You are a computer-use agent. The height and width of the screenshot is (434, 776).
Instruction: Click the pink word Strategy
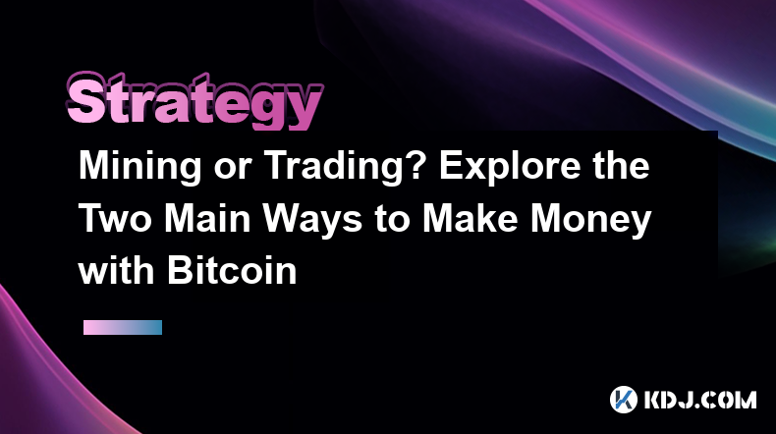click(x=194, y=100)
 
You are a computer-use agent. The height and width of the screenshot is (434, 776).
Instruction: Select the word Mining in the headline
click(x=140, y=167)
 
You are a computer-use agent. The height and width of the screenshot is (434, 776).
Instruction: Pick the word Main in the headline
click(x=207, y=218)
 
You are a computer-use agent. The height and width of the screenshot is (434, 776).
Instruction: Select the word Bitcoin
click(x=232, y=271)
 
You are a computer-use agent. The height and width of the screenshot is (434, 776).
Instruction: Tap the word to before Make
click(x=392, y=220)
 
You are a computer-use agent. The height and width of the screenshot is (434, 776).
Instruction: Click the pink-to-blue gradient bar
click(x=123, y=327)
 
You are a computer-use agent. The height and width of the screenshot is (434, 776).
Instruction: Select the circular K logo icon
click(x=623, y=400)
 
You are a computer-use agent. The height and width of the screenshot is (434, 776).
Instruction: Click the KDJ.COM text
click(x=700, y=400)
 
